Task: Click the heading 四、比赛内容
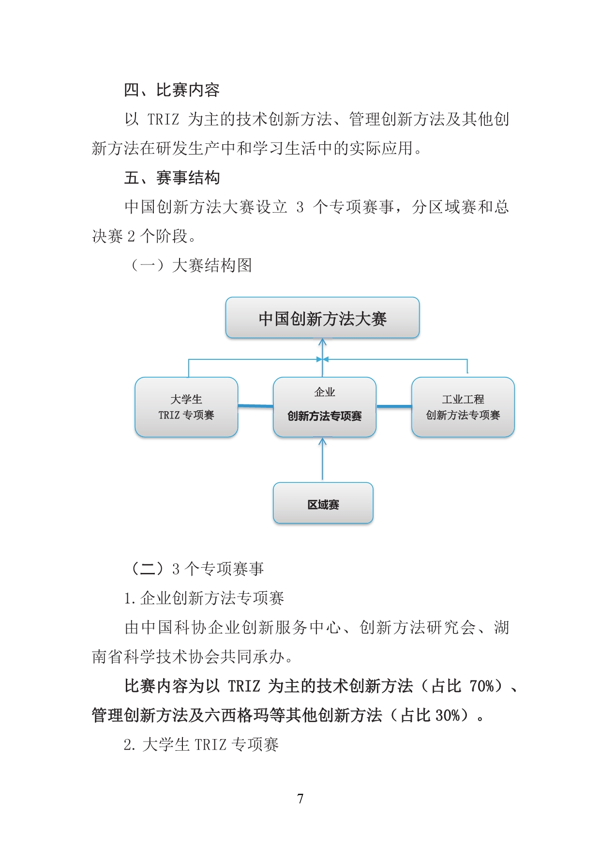click(x=172, y=90)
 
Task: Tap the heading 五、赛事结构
click(x=172, y=178)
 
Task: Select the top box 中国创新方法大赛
click(x=322, y=318)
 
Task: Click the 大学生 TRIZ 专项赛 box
click(x=186, y=407)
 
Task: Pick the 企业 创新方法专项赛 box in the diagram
click(x=325, y=407)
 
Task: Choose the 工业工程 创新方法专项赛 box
click(x=463, y=407)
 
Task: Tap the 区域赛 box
click(x=323, y=503)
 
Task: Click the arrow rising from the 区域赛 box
click(x=323, y=459)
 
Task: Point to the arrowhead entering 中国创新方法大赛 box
click(x=323, y=342)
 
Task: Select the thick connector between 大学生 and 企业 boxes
click(x=255, y=406)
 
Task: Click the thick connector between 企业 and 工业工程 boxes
click(x=394, y=406)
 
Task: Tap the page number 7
click(x=300, y=799)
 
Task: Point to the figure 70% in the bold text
click(x=482, y=686)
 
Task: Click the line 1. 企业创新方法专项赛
click(x=204, y=598)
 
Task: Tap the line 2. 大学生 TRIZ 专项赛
click(x=201, y=744)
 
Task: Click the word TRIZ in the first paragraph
click(x=164, y=119)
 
